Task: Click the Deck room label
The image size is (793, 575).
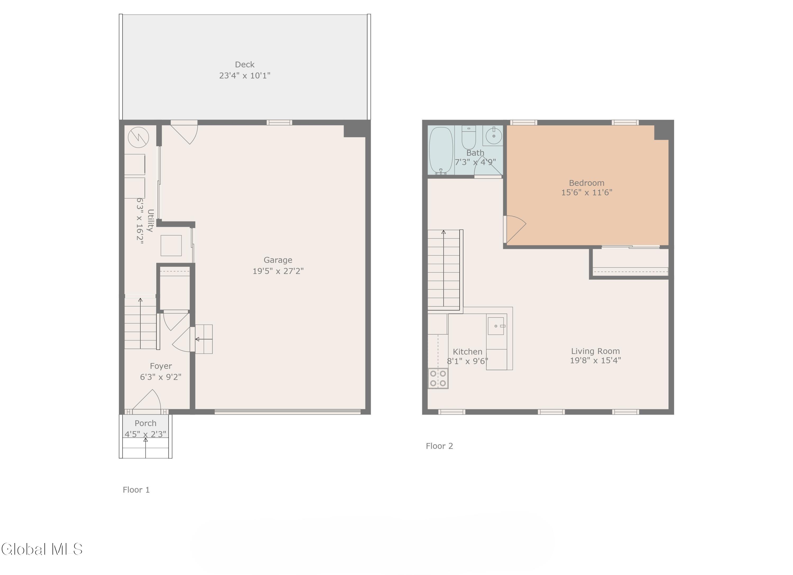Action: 245,65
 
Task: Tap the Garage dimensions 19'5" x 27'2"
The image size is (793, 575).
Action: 278,271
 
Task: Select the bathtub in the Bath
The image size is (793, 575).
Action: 441,150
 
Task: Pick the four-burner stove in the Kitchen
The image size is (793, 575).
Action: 438,378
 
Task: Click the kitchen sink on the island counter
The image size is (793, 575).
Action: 496,326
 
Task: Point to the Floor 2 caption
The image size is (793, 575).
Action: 439,446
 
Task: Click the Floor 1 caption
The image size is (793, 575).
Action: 136,490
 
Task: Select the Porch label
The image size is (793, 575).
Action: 145,423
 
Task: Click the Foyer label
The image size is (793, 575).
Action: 161,366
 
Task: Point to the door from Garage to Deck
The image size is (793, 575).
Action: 185,133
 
